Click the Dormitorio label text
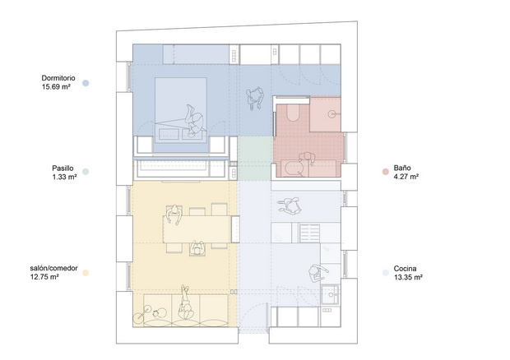(58, 78)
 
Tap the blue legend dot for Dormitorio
(86, 83)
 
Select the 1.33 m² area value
(64, 177)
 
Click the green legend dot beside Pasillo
(86, 172)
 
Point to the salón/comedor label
(53, 269)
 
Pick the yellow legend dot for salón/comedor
(86, 273)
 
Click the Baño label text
(402, 168)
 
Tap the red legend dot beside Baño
(386, 172)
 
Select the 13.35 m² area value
(408, 277)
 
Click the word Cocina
(405, 269)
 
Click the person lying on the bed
(195, 121)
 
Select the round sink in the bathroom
(331, 113)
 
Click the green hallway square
(255, 159)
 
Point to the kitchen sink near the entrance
(331, 295)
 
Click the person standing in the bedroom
(255, 98)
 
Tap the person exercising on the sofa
(186, 302)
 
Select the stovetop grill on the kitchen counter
(310, 233)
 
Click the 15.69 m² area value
(56, 87)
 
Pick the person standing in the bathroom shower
(307, 159)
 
